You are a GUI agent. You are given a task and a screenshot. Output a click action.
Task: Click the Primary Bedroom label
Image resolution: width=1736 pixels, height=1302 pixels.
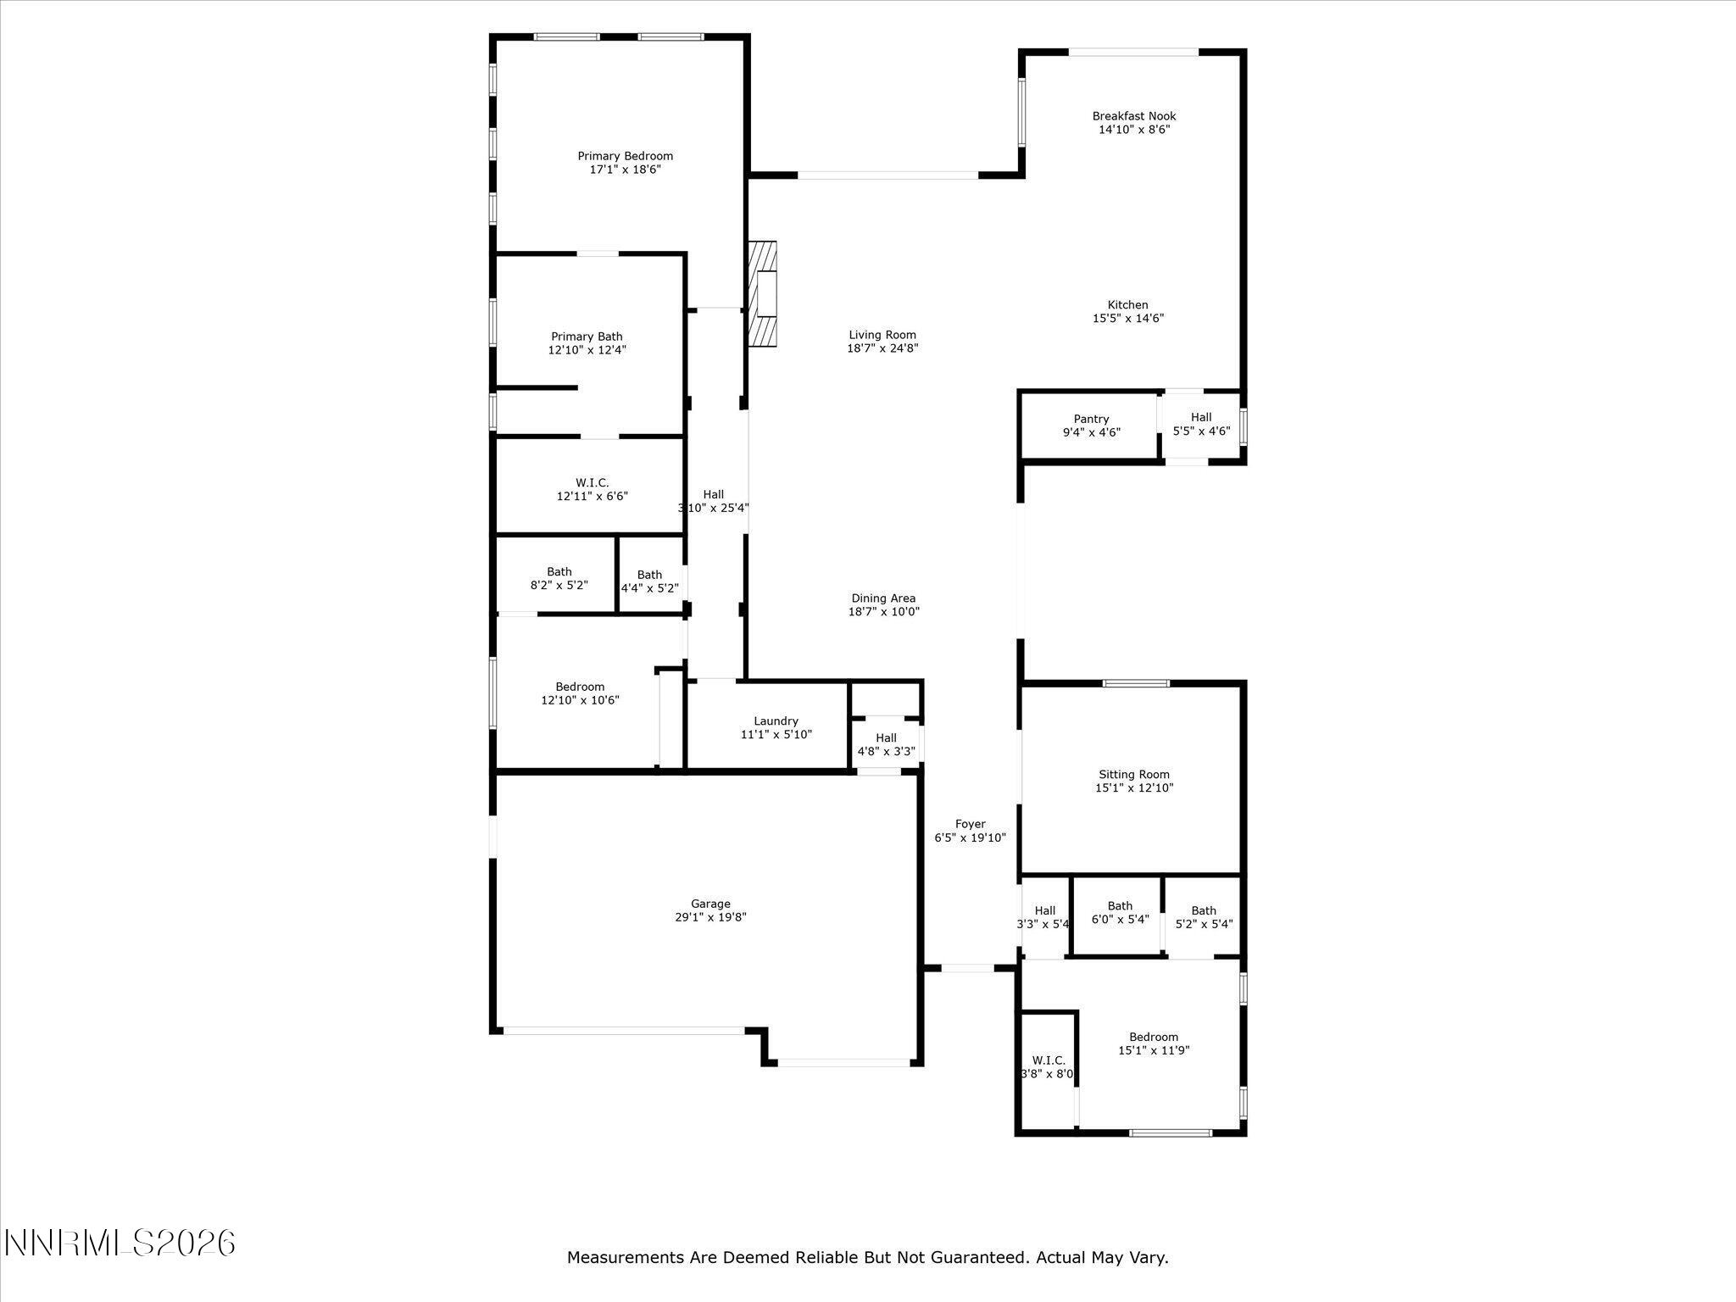[x=625, y=157]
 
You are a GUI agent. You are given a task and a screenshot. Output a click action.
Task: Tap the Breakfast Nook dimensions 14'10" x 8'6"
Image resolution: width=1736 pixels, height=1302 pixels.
[x=1133, y=130]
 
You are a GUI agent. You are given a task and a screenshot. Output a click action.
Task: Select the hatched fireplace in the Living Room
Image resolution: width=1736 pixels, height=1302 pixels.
[x=762, y=294]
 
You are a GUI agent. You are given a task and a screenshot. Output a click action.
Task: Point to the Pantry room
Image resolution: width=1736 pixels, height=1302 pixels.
[x=1091, y=426]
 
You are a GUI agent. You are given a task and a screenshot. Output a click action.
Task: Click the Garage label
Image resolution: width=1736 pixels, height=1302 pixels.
[x=709, y=904]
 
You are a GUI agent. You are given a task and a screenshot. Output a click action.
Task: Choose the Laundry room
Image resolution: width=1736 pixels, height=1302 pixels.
[x=776, y=728]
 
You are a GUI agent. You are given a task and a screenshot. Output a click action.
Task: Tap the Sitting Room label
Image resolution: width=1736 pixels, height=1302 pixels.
[x=1133, y=775]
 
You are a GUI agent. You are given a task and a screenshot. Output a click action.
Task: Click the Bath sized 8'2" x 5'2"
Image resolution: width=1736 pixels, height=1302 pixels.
[x=559, y=578]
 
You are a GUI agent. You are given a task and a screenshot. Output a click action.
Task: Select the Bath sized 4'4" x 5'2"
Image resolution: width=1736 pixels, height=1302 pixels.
[x=649, y=581]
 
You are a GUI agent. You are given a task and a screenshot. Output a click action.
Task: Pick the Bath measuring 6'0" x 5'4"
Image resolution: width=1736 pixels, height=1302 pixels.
[x=1119, y=913]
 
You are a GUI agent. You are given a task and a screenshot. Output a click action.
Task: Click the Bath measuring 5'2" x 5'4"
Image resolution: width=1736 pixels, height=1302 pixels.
[x=1203, y=918]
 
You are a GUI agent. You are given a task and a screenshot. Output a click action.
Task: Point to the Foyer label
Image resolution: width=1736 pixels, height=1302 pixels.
[x=970, y=824]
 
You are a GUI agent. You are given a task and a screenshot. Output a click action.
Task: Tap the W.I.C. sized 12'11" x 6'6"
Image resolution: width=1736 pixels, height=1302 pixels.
[x=592, y=489]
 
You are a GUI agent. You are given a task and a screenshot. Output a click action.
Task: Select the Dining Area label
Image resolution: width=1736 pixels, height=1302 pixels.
[x=883, y=598]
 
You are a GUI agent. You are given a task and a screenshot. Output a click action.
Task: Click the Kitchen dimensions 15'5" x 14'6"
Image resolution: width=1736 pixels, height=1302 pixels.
[x=1127, y=319]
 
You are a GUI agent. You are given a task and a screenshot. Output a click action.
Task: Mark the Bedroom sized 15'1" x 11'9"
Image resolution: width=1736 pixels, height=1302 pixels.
[x=1153, y=1043]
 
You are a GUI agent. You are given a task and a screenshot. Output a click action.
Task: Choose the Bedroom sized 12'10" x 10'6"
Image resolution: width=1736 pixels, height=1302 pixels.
[x=580, y=693]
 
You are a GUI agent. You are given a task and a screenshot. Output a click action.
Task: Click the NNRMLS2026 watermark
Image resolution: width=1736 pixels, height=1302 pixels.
[x=120, y=1244]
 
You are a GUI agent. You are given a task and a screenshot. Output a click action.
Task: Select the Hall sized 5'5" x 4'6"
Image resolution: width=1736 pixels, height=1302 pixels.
[x=1200, y=424]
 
